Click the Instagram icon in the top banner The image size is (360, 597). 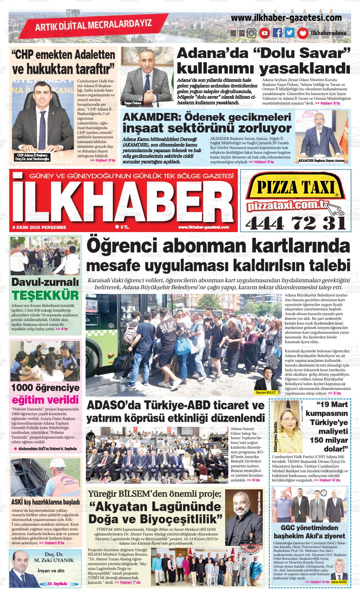click(x=252, y=33)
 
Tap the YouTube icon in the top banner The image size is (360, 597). click(x=264, y=33)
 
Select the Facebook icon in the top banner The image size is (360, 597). click(x=277, y=33)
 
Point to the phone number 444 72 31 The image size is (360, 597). click(x=295, y=224)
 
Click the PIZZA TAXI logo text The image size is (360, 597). click(x=295, y=188)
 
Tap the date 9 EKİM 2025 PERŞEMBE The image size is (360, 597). click(x=39, y=227)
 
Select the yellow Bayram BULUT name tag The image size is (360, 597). click(x=266, y=392)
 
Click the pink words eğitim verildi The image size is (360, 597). click(x=45, y=400)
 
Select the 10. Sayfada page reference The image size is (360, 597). click(x=57, y=584)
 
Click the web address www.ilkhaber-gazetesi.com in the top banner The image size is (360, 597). click(x=286, y=18)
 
